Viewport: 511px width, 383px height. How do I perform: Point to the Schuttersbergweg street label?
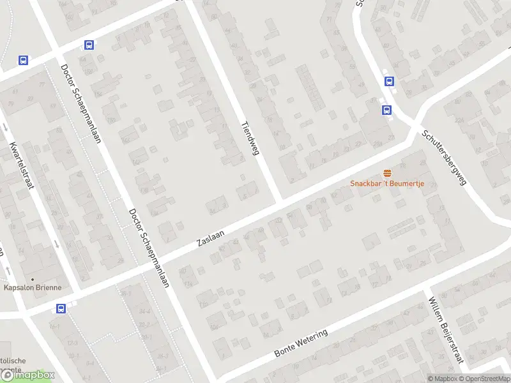445,158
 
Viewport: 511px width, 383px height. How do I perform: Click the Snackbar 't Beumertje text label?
387,184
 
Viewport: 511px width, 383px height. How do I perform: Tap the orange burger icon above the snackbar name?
387,173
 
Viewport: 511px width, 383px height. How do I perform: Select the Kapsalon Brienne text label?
33,287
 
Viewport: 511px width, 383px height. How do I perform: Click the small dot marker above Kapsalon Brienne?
32,278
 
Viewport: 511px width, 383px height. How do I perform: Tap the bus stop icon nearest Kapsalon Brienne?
61,309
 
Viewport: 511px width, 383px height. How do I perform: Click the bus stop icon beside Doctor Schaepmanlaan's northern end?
89,45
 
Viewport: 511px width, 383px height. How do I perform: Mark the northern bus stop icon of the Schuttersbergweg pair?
388,81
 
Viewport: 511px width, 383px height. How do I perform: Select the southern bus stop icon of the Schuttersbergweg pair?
386,110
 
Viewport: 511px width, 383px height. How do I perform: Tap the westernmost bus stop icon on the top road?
24,61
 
